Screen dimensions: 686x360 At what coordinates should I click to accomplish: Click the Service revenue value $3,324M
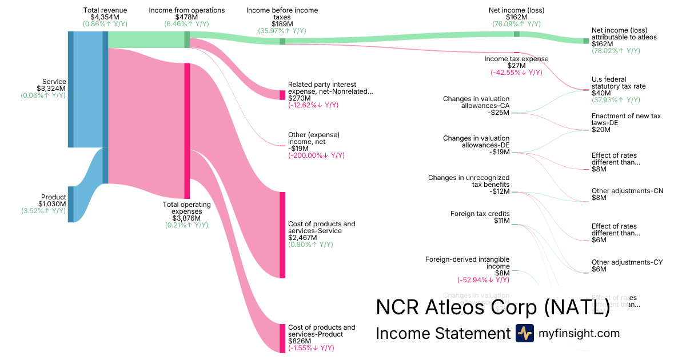click(51, 89)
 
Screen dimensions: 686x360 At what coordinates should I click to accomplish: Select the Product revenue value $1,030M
click(52, 204)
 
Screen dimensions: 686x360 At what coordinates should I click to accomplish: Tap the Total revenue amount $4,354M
click(105, 17)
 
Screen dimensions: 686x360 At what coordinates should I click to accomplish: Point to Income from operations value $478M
click(186, 17)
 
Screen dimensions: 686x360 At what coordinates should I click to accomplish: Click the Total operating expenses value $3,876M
click(186, 218)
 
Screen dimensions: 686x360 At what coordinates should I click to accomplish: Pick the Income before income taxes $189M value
click(282, 24)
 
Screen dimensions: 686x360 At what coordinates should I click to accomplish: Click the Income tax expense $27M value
click(516, 66)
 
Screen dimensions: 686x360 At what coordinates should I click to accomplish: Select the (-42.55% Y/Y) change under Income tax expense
click(516, 73)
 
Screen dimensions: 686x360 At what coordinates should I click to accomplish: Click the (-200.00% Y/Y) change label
click(317, 155)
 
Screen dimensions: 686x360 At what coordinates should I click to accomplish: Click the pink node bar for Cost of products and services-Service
click(282, 235)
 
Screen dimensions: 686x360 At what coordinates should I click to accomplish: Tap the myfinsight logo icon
click(524, 333)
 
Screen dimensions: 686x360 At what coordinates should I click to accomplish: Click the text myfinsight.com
click(579, 334)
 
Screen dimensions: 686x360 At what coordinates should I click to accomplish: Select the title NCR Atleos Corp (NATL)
click(492, 307)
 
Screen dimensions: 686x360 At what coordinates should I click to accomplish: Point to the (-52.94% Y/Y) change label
click(483, 280)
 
